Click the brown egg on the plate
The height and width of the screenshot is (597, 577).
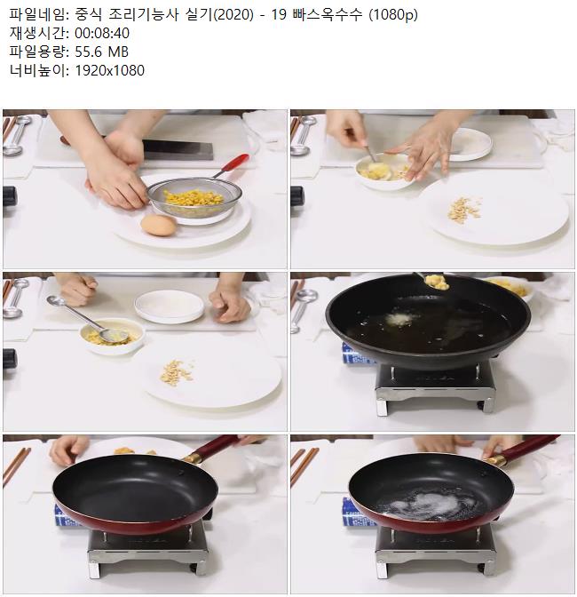click(x=159, y=225)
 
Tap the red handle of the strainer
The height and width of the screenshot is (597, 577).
click(x=235, y=163)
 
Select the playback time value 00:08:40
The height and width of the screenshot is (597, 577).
click(x=102, y=33)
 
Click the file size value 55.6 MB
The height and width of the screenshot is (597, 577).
click(x=101, y=52)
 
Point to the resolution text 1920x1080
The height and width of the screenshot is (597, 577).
click(x=109, y=70)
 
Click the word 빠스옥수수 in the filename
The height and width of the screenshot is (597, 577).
click(x=328, y=15)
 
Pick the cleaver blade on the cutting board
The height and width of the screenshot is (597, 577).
click(x=178, y=149)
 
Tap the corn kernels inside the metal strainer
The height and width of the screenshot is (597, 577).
click(x=194, y=197)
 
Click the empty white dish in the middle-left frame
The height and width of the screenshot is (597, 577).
click(x=170, y=306)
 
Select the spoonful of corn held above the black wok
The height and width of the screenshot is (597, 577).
click(x=437, y=282)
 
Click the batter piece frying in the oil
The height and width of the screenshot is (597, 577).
click(x=399, y=319)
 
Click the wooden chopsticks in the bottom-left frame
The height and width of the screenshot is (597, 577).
click(x=16, y=466)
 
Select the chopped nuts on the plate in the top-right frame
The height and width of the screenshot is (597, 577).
click(x=464, y=209)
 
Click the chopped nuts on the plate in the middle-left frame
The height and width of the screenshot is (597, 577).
click(x=177, y=372)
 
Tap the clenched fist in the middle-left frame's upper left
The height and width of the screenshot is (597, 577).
click(x=77, y=290)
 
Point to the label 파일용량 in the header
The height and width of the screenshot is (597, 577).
click(x=36, y=52)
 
